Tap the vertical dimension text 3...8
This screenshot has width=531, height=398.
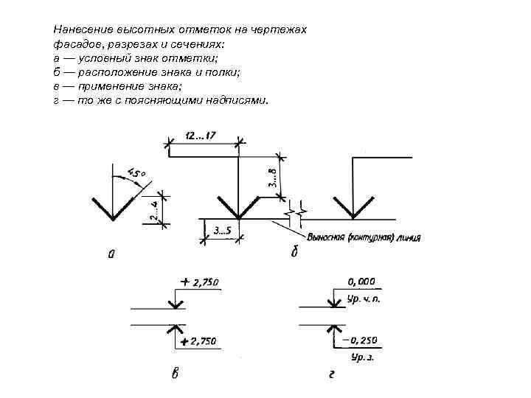(x=272, y=178)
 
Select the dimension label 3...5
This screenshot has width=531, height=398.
(x=221, y=231)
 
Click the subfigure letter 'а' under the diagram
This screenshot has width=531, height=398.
(x=111, y=255)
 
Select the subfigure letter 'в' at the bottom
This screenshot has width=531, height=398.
(x=175, y=374)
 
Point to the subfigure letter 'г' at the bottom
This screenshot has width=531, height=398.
(x=333, y=374)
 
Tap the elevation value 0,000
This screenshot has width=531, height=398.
(x=361, y=281)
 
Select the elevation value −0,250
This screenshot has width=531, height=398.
(x=361, y=340)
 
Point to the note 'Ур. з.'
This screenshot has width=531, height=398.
(x=362, y=357)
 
